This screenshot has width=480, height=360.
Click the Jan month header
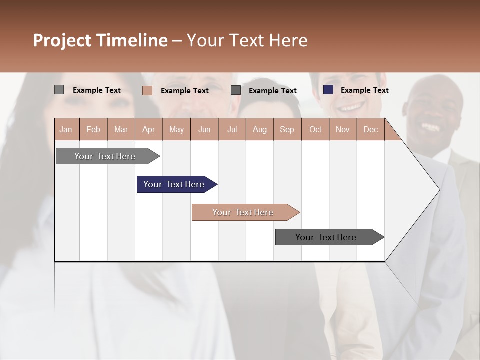pyautogui.click(x=66, y=129)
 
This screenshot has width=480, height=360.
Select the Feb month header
pyautogui.click(x=93, y=129)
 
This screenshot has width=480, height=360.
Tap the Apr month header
pyautogui.click(x=148, y=129)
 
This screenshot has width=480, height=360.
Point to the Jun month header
pyautogui.click(x=204, y=129)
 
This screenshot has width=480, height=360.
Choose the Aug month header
pyautogui.click(x=259, y=129)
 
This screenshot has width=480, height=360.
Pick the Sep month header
pyautogui.click(x=287, y=129)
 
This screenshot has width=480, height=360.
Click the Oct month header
pyautogui.click(x=315, y=129)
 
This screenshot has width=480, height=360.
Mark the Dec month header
pyautogui.click(x=370, y=129)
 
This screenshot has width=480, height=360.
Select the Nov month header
pyautogui.click(x=342, y=129)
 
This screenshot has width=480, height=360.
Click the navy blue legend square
pyautogui.click(x=328, y=90)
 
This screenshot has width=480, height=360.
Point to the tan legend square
pyautogui.click(x=147, y=90)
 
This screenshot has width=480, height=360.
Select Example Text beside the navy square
pyautogui.click(x=364, y=90)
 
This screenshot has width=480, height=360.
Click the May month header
pyautogui.click(x=176, y=129)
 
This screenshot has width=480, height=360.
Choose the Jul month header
pyautogui.click(x=232, y=129)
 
